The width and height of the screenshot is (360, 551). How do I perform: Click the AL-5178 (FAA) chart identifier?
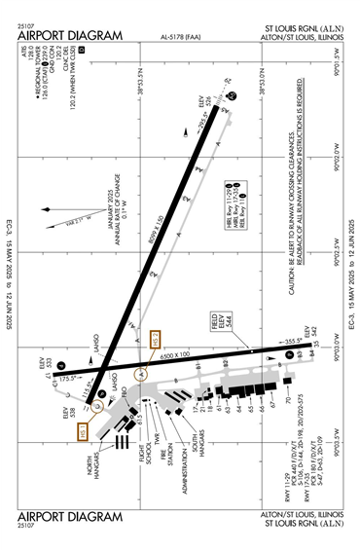click(183, 39)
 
